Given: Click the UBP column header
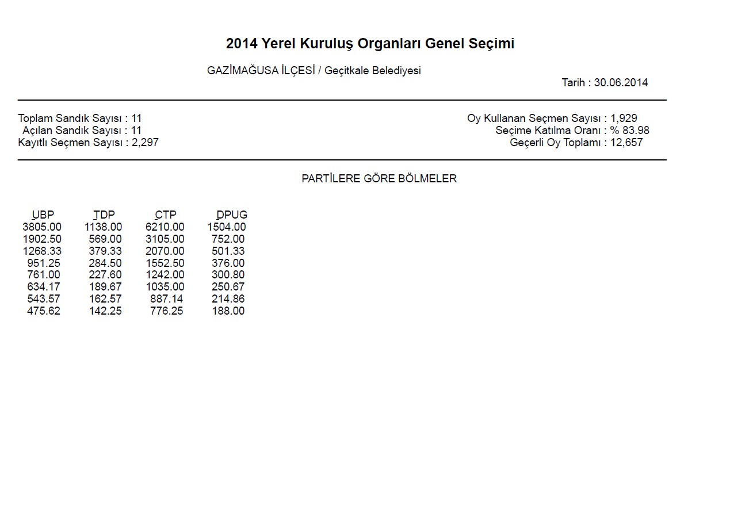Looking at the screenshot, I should pyautogui.click(x=43, y=215).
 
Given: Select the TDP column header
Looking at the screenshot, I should pyautogui.click(x=104, y=215).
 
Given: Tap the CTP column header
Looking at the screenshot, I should pyautogui.click(x=166, y=215).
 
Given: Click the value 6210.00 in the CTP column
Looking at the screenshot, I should pyautogui.click(x=165, y=227).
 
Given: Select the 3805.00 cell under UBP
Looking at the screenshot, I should pyautogui.click(x=42, y=227).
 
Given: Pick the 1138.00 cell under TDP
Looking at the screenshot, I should pyautogui.click(x=104, y=227).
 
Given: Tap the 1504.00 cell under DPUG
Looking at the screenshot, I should pyautogui.click(x=227, y=227).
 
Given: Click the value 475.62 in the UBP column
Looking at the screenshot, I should pyautogui.click(x=44, y=311).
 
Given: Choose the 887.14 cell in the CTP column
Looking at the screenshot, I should pyautogui.click(x=167, y=299).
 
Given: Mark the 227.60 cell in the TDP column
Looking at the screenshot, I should pyautogui.click(x=105, y=275).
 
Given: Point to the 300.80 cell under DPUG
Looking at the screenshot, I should pyautogui.click(x=228, y=275).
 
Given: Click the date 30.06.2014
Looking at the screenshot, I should pyautogui.click(x=621, y=83).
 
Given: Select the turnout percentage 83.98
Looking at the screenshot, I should pyautogui.click(x=636, y=131).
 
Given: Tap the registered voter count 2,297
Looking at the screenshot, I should pyautogui.click(x=145, y=143).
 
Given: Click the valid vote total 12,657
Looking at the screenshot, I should pyautogui.click(x=626, y=143).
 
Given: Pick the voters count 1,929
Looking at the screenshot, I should pyautogui.click(x=624, y=118).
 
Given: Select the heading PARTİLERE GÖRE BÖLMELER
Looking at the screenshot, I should pyautogui.click(x=379, y=179).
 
